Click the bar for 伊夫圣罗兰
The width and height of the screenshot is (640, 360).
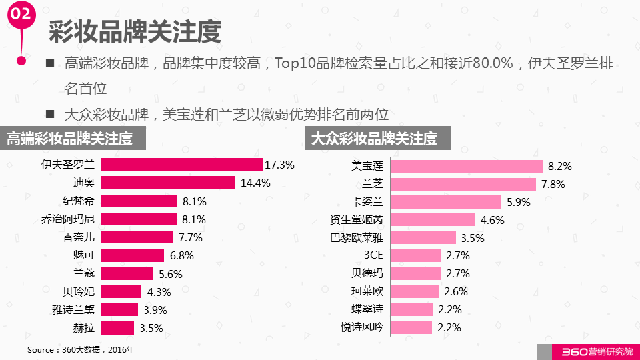click(x=181, y=165)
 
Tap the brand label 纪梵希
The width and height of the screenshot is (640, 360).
click(x=78, y=201)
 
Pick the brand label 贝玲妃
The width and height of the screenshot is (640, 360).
click(x=78, y=291)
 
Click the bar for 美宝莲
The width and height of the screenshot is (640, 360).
click(x=466, y=166)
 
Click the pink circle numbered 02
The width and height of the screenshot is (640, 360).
click(x=22, y=14)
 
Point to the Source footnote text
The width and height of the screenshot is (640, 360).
click(x=81, y=349)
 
